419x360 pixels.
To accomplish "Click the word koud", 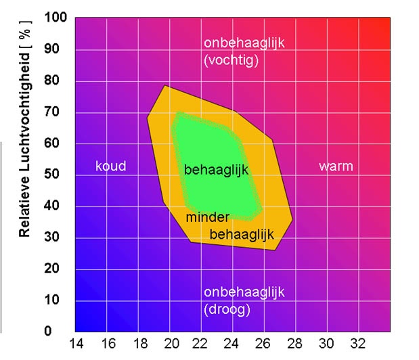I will click(x=110, y=166).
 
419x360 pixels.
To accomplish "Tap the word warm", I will click(x=336, y=166).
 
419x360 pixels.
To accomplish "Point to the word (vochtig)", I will click(x=233, y=60).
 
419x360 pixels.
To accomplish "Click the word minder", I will click(x=208, y=217).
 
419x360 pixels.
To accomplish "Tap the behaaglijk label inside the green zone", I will click(x=216, y=170).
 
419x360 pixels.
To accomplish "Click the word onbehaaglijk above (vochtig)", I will click(x=244, y=43).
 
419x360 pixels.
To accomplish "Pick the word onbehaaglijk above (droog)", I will click(x=244, y=293).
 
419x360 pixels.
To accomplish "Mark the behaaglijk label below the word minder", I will click(x=241, y=234).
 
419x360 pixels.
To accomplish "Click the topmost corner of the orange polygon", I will click(x=164, y=85).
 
